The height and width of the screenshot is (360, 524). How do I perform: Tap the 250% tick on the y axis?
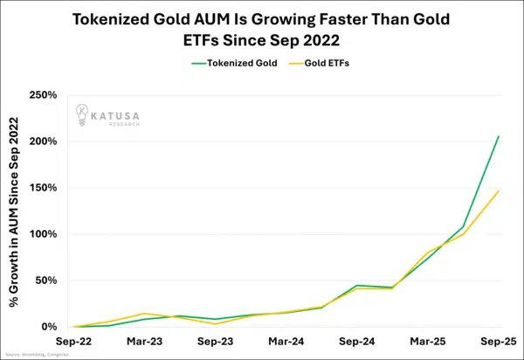43,94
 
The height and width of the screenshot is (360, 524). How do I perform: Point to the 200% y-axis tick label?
43,141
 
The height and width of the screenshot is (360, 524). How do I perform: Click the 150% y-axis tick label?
43,187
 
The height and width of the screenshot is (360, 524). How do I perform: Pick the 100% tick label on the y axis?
43,234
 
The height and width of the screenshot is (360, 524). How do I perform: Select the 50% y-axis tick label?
45,280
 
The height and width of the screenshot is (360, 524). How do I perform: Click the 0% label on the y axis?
49,327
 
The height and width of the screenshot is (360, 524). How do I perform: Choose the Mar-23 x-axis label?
143,341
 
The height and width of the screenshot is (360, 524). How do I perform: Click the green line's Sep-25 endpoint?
499,136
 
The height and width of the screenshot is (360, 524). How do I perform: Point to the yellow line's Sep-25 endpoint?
499,190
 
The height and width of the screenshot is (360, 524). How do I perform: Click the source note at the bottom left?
35,355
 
